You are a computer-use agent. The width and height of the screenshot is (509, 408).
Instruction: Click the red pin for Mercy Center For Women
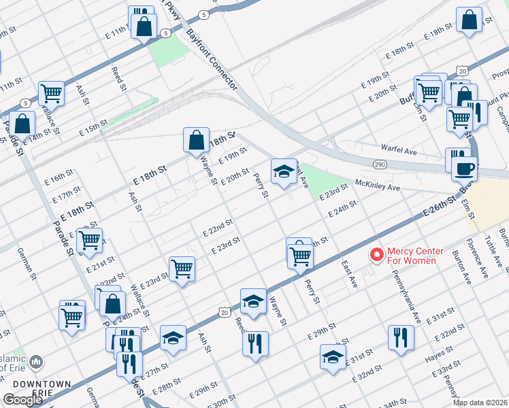pyautogui.click(x=375, y=255)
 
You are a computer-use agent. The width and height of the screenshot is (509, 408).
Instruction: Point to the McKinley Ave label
pyautogui.click(x=376, y=184)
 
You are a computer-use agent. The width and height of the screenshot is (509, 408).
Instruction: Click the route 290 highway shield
pyautogui.click(x=380, y=165)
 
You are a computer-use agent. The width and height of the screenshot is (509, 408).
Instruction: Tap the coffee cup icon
pyautogui.click(x=464, y=167)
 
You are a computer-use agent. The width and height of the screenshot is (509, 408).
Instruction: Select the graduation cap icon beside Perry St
pyautogui.click(x=284, y=171)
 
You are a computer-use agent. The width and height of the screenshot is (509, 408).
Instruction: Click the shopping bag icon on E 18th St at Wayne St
pyautogui.click(x=196, y=140)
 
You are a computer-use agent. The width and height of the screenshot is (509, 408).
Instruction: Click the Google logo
pyautogui.click(x=22, y=400)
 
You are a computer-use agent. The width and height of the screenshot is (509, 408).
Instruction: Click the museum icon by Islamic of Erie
pyautogui.click(x=37, y=362)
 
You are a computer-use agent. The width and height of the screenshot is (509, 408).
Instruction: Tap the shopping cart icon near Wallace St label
pyautogui.click(x=51, y=92)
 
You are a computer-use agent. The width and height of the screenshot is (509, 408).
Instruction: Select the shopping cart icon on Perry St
pyautogui.click(x=299, y=256)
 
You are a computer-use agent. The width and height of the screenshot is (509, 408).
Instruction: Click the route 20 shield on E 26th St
pyautogui.click(x=225, y=311)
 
